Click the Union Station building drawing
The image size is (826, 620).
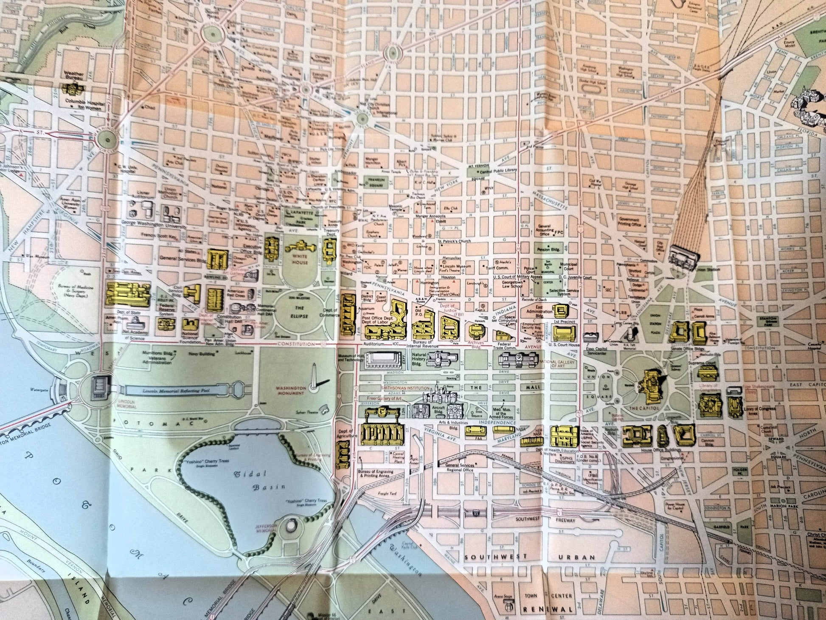tap(684, 256)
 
